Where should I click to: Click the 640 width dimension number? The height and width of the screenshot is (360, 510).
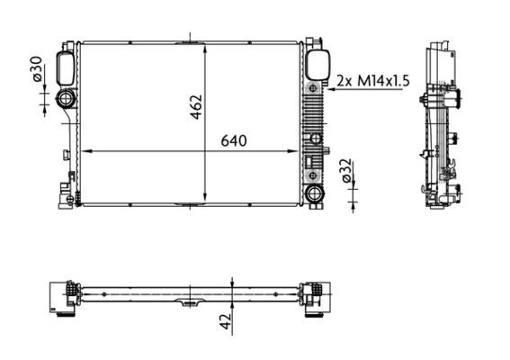229,141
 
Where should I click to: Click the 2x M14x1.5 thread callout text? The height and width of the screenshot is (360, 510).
372,81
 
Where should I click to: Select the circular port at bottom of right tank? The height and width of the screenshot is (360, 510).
314,193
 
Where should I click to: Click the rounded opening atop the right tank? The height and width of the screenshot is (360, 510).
316,65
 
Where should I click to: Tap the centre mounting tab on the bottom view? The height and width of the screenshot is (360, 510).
190,303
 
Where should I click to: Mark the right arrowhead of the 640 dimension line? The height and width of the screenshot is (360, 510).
296,151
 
